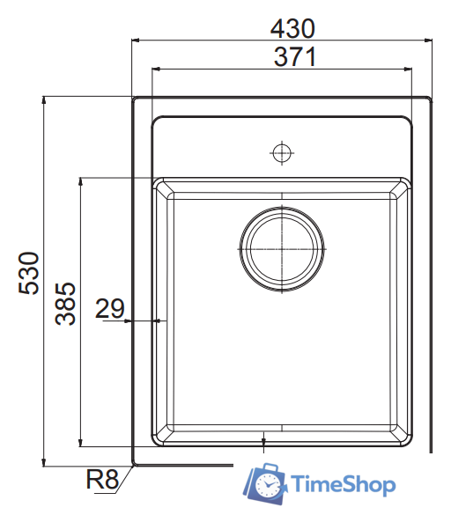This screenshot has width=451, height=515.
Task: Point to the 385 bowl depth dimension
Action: [67, 304]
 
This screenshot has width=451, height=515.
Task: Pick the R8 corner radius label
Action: [101, 481]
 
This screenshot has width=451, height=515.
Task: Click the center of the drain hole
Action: [281, 248]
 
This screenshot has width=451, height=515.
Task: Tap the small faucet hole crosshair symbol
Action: [281, 152]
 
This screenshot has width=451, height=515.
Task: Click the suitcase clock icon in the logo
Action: [265, 482]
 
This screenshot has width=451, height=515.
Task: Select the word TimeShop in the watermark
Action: [344, 485]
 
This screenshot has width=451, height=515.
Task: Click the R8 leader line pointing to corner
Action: [125, 475]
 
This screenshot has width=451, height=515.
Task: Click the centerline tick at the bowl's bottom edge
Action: [263, 438]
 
